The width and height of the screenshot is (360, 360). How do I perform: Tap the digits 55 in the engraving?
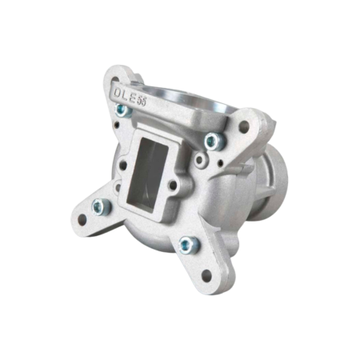(x=142, y=100)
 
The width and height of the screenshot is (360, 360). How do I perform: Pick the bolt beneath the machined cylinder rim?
(x=211, y=141)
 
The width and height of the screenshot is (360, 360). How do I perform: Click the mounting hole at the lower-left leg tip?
(x=81, y=218)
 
